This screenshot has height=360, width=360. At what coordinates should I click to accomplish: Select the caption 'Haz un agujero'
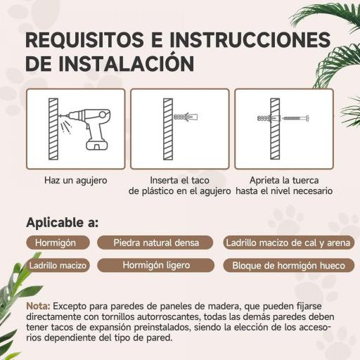click(75, 180)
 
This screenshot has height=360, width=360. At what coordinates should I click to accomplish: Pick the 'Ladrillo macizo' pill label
click(58, 266)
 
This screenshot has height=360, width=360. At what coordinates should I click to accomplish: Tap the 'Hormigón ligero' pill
click(155, 265)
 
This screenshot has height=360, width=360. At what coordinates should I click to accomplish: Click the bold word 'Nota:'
click(38, 307)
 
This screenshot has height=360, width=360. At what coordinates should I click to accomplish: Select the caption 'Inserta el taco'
click(179, 180)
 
